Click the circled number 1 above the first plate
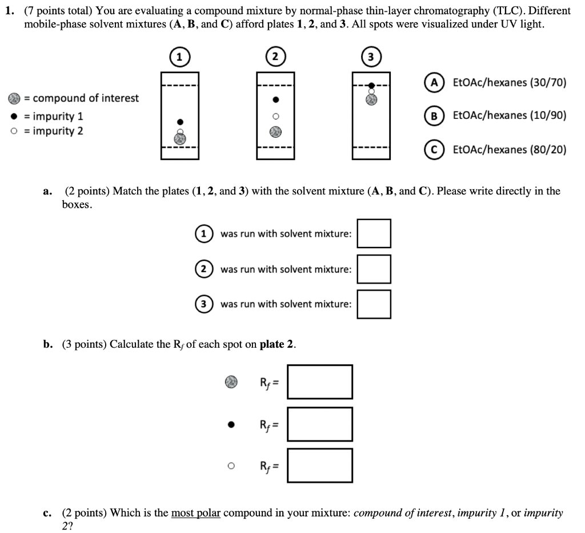[179, 57]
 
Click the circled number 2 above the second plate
[275, 57]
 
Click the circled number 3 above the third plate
[371, 57]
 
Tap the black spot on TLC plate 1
[181, 122]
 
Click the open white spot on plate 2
[275, 116]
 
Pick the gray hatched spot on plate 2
[275, 132]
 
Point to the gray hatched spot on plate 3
[371, 100]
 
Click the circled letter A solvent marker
[435, 82]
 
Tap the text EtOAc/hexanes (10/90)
[510, 116]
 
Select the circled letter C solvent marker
[435, 150]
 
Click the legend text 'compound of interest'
[85, 98]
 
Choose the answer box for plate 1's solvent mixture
[374, 233]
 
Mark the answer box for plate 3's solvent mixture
[374, 304]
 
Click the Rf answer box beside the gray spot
[320, 381]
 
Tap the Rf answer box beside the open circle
[320, 466]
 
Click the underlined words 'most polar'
[195, 512]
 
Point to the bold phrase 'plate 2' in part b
[277, 344]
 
